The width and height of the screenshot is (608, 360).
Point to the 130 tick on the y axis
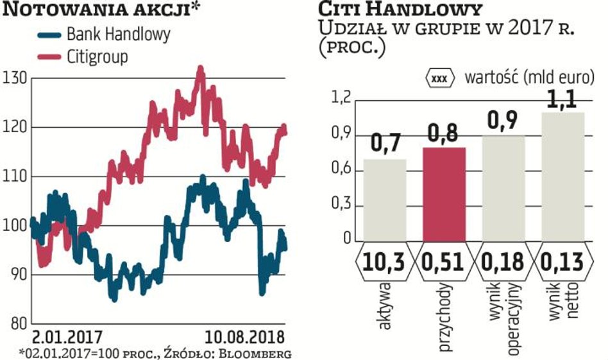14,79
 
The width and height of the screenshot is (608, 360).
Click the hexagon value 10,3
384,262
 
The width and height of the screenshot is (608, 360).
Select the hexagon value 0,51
444,262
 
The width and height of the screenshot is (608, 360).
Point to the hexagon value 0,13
563,262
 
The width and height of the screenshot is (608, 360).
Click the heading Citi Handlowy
398,10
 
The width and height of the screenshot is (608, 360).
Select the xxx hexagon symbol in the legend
439,79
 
